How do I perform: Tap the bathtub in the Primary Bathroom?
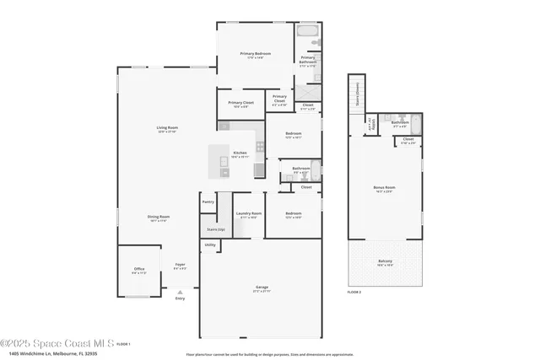(307, 38)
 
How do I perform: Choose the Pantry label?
(208, 201)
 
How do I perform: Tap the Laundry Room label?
(248, 214)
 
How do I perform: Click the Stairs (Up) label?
(215, 229)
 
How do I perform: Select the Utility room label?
(209, 245)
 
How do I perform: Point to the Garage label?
(262, 288)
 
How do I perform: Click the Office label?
(139, 270)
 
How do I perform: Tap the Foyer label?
(180, 266)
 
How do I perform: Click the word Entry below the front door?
(179, 298)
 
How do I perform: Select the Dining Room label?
(159, 218)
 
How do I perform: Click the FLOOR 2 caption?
(354, 291)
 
